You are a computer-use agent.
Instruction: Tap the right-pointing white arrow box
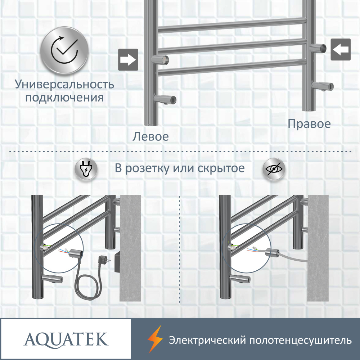tap(128, 59)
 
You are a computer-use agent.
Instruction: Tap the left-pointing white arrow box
tap(341, 49)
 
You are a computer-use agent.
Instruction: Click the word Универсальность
tap(64, 84)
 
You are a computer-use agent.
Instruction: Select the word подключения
tap(64, 98)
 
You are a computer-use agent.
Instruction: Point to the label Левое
tap(150, 136)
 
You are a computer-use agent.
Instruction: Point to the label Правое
tap(309, 124)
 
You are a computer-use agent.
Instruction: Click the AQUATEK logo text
tap(66, 339)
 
